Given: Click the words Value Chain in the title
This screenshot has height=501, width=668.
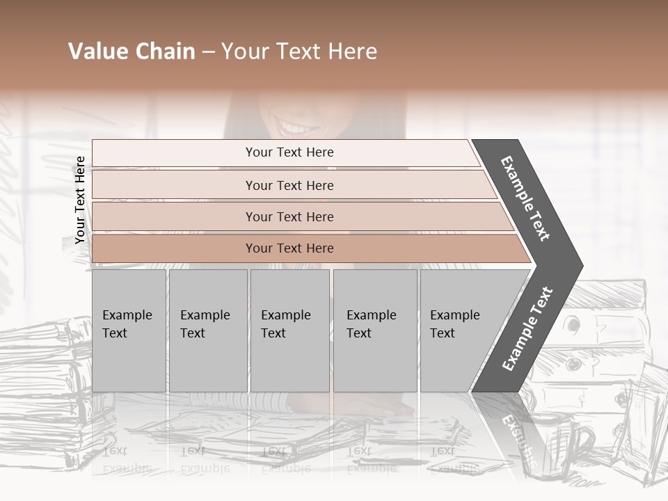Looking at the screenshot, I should tap(132, 51).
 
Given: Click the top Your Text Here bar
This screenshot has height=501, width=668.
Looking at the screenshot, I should tap(289, 152).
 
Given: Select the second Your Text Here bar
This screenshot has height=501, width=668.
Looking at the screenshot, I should tap(289, 185).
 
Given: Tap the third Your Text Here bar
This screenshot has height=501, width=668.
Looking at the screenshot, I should tap(289, 216).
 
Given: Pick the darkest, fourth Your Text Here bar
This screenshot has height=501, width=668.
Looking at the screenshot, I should tap(289, 248).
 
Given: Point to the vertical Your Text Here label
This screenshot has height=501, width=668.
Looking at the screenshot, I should tap(81, 200).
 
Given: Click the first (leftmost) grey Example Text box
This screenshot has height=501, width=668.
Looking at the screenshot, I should tap(129, 331).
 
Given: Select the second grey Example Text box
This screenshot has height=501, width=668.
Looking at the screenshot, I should tap(207, 331).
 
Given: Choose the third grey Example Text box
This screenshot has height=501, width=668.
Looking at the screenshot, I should tap(289, 331).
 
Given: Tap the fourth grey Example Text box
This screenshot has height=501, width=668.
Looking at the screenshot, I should tap(374, 331).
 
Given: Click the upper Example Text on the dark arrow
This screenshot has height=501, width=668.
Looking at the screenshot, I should tap(525, 198).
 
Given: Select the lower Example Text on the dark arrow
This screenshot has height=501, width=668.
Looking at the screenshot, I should tap(527, 329).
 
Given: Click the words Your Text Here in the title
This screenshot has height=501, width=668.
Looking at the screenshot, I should tap(299, 51).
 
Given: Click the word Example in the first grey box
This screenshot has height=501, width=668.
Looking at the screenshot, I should tap(127, 315).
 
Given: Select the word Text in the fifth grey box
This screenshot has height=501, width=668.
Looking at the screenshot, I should tap(443, 333).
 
